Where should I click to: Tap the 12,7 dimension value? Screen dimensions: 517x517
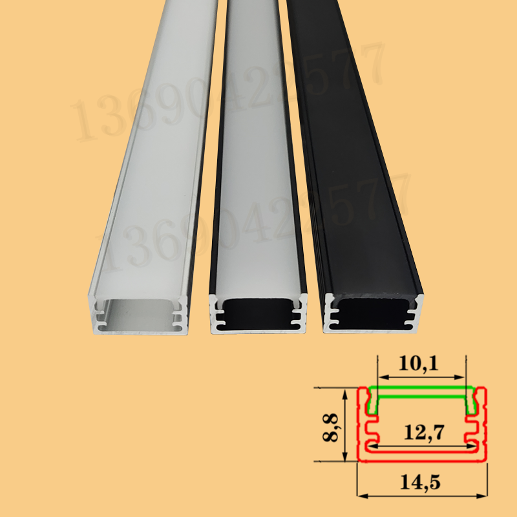pyautogui.click(x=421, y=432)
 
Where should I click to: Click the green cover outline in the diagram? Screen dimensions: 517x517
pyautogui.click(x=421, y=390)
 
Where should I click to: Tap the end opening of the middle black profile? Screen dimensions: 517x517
pyautogui.click(x=258, y=313)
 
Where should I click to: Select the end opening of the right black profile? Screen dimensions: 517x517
pyautogui.click(x=374, y=313)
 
